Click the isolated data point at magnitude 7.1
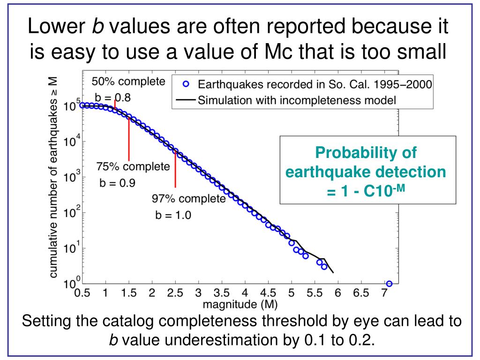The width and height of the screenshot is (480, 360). pos(389,284)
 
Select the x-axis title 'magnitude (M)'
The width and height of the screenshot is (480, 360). pos(240,305)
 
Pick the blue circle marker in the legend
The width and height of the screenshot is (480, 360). pos(186,85)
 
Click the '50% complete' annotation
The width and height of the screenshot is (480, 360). pos(128,82)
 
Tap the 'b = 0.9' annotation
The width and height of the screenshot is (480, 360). pos(117,183)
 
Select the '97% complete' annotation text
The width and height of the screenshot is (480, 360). pos(188,199)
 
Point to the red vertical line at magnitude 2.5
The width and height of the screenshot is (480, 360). pos(175,169)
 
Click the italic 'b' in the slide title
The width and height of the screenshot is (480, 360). pos(99,27)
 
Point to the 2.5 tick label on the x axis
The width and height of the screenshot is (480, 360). pos(175,294)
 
